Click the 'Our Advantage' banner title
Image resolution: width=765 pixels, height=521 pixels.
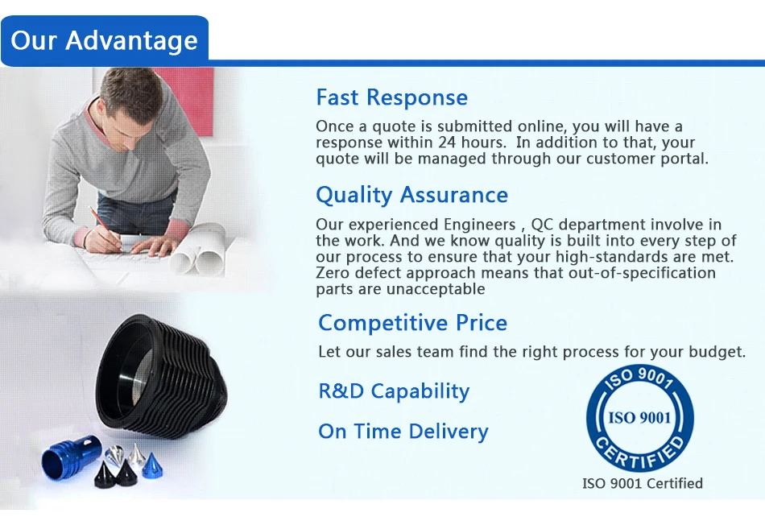click(104, 40)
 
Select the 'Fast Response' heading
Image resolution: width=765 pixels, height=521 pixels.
click(392, 97)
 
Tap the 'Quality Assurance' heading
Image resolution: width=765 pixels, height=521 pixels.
click(411, 195)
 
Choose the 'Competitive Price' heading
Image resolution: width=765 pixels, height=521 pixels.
click(413, 322)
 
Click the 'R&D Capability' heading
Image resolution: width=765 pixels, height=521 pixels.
click(394, 391)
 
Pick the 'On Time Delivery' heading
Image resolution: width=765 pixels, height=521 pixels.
click(403, 432)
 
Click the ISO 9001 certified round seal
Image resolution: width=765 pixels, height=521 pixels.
click(639, 418)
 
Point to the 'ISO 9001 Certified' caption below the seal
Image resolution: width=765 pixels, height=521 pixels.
click(642, 483)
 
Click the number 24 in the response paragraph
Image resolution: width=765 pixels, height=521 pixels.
click(447, 143)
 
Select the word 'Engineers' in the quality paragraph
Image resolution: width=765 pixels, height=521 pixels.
click(479, 225)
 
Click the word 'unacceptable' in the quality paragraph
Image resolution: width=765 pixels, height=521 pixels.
click(436, 289)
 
